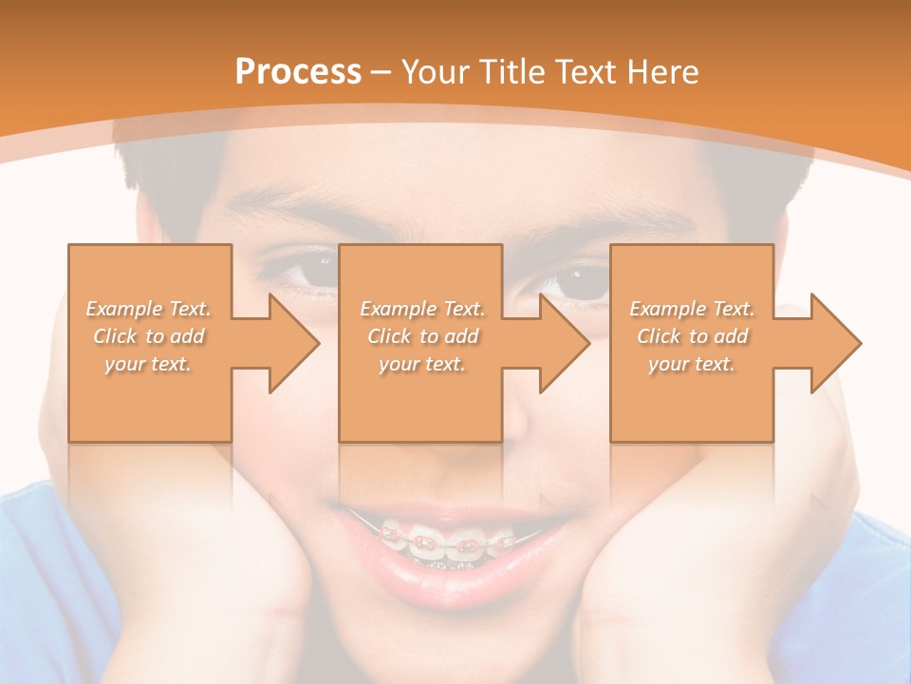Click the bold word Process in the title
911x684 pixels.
(298, 72)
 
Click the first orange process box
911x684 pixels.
(149, 343)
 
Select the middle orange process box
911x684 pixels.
(419, 343)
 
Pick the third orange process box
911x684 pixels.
(691, 343)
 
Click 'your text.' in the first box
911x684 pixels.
(148, 363)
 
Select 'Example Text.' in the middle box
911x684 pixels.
(422, 309)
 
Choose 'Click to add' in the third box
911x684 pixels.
(693, 336)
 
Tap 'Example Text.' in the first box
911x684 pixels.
(148, 309)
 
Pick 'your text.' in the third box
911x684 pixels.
(692, 363)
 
